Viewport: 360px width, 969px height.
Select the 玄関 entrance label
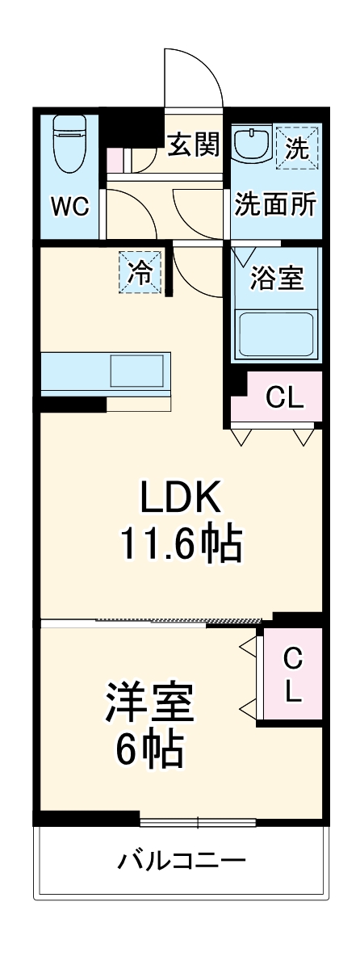point(193,145)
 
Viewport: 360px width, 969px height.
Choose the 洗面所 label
point(274,205)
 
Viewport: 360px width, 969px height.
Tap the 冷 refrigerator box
point(140,273)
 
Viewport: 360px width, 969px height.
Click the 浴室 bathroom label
point(277,279)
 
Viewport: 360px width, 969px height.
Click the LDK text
point(181,500)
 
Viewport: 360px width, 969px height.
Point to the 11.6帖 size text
point(181,546)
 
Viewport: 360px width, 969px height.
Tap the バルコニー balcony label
point(181,860)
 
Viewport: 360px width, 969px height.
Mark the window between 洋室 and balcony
point(198,823)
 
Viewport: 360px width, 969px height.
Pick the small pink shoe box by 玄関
point(115,160)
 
